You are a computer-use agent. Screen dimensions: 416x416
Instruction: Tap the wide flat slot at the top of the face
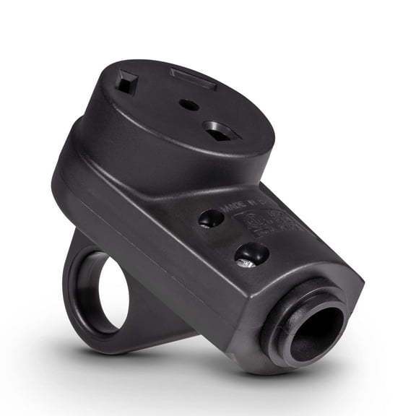[x=193, y=77]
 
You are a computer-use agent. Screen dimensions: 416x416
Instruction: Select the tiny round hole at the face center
[x=189, y=105]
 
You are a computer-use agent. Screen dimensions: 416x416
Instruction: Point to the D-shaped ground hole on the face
[x=221, y=131]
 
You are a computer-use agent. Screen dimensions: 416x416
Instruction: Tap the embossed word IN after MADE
[x=253, y=201]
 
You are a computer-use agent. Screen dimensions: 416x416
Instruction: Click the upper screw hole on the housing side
[x=211, y=218]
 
